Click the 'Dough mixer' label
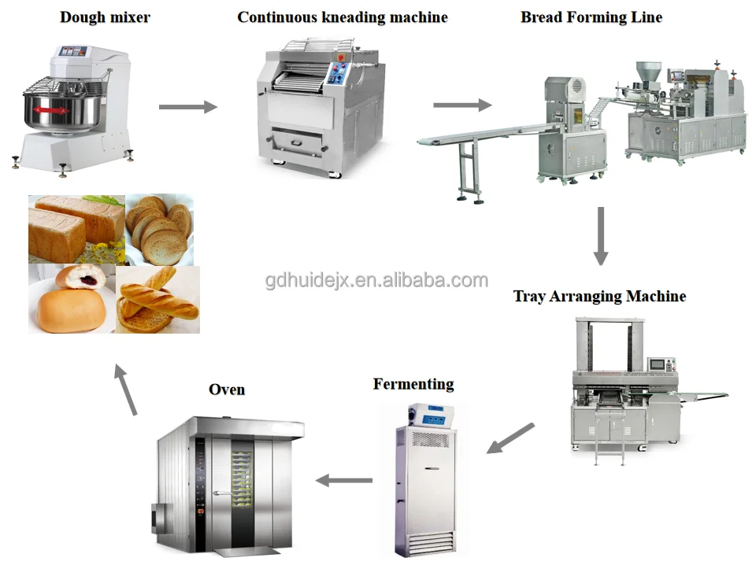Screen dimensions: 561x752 [x=105, y=17]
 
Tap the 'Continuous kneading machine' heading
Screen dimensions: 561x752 [x=342, y=17]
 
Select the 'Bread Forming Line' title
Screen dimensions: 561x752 [x=591, y=17]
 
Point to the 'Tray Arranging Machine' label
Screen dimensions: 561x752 [x=599, y=297]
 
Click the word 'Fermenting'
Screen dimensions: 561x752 [x=413, y=384]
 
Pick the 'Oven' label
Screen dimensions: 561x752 [x=227, y=389]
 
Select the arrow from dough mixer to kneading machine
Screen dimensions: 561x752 [x=187, y=106]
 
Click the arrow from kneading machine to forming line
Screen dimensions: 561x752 [x=462, y=105]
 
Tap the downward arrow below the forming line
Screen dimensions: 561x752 [x=601, y=235]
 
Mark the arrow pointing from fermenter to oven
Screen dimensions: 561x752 [x=344, y=480]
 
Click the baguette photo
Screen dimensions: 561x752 [x=157, y=301]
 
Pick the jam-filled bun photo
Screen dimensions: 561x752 [x=72, y=300]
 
